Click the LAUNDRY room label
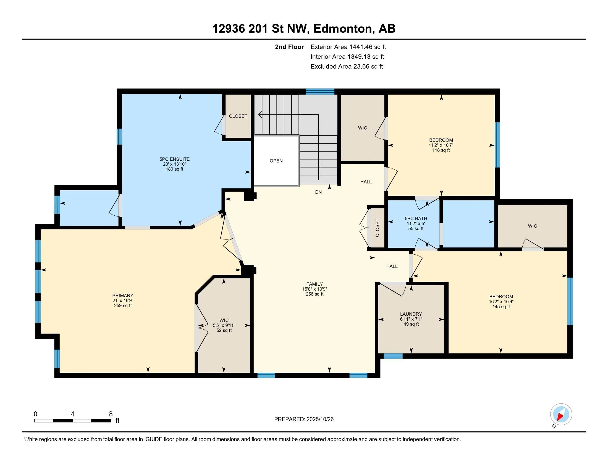(411, 314)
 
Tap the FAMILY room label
(315, 284)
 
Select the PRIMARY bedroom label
(123, 296)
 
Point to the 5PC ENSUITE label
(175, 159)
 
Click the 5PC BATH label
(416, 219)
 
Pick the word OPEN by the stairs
(276, 161)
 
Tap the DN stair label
(318, 192)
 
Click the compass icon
(561, 414)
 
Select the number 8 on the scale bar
(111, 414)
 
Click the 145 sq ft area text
(501, 307)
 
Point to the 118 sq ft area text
(441, 150)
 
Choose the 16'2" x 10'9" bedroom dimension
(501, 302)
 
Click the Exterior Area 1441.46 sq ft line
(348, 47)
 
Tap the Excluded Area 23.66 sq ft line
(347, 66)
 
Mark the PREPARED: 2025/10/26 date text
(304, 419)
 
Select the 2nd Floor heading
(289, 47)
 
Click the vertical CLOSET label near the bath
(378, 228)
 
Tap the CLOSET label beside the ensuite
(238, 116)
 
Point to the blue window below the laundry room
(393, 356)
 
